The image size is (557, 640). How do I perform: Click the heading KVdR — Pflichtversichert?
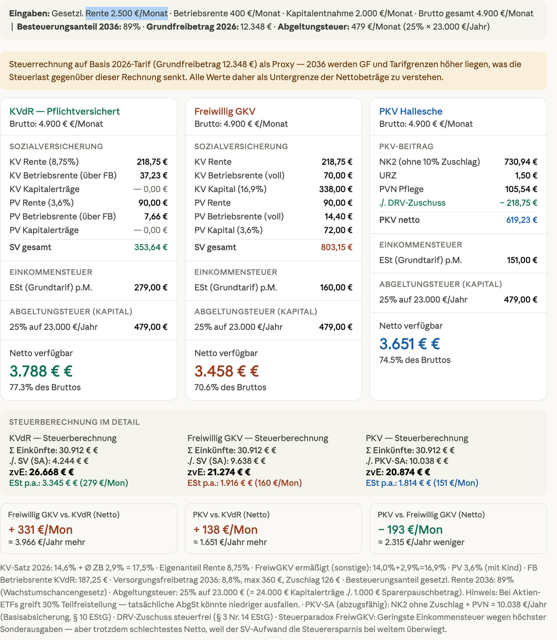point(65,111)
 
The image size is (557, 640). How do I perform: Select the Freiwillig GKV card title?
point(225,111)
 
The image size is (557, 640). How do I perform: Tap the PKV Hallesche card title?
point(411,111)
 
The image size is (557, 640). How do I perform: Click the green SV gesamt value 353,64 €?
point(151,247)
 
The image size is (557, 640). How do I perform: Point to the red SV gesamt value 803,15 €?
point(336,247)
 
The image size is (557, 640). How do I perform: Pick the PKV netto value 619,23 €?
point(521,220)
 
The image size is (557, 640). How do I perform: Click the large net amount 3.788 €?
point(41,371)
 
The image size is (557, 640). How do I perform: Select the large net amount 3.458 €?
point(226,371)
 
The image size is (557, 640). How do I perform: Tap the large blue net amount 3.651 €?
point(410,343)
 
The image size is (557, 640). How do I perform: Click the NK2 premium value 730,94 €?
point(521,162)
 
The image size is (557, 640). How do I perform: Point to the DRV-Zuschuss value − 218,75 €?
point(518,203)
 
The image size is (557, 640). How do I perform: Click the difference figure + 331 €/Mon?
point(40,530)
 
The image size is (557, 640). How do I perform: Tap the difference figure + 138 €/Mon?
point(225,530)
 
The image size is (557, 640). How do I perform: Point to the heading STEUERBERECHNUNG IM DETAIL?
point(74,422)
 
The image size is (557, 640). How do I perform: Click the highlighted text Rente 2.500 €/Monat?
point(127,13)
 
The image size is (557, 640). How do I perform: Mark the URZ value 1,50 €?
point(526,175)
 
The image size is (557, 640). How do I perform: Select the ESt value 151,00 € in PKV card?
point(522,260)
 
